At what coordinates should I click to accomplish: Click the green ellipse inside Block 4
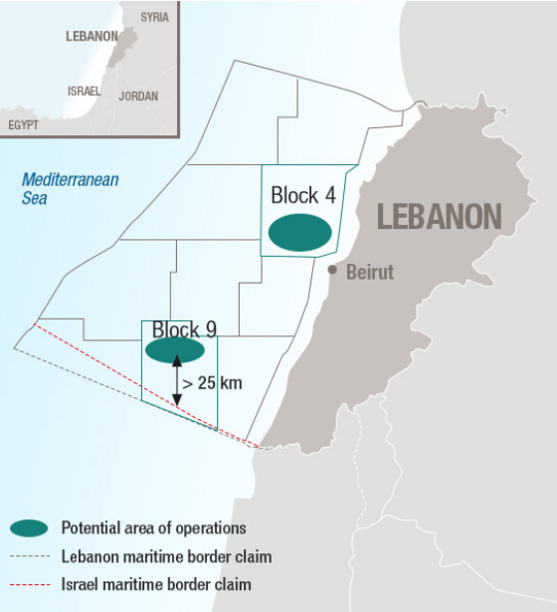click(x=299, y=232)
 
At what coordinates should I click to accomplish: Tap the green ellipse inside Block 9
click(x=175, y=350)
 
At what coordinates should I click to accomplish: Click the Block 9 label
click(x=184, y=329)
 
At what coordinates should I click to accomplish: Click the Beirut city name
click(x=370, y=272)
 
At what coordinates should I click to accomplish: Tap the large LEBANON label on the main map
click(x=440, y=216)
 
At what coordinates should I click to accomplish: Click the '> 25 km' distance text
click(x=212, y=381)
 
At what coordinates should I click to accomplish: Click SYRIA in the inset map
click(x=154, y=17)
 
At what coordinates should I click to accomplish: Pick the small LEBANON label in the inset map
click(x=92, y=36)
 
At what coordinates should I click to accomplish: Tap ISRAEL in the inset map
click(x=85, y=91)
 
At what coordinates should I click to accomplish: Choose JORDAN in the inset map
click(x=138, y=97)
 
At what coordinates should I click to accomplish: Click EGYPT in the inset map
click(x=24, y=124)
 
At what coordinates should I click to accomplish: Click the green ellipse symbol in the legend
click(x=30, y=528)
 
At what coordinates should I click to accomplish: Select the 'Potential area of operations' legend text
click(x=153, y=528)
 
